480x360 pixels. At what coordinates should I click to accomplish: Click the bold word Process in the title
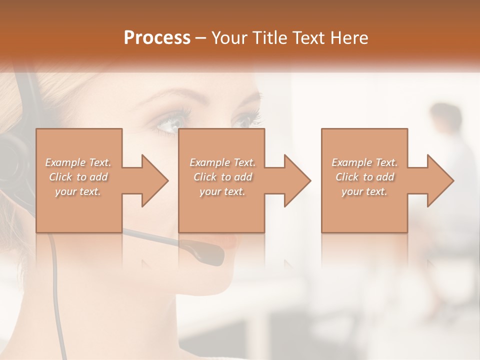coord(157,38)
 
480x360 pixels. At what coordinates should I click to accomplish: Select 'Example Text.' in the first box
coord(78,162)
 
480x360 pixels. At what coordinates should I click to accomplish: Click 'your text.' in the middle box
coord(222,191)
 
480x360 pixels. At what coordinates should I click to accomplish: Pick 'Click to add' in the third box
coord(364,177)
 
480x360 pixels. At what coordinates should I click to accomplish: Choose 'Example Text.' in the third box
coord(364,162)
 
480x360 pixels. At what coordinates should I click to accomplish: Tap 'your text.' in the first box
coord(78,191)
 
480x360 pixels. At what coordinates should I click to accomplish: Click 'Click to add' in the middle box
coord(222,177)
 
